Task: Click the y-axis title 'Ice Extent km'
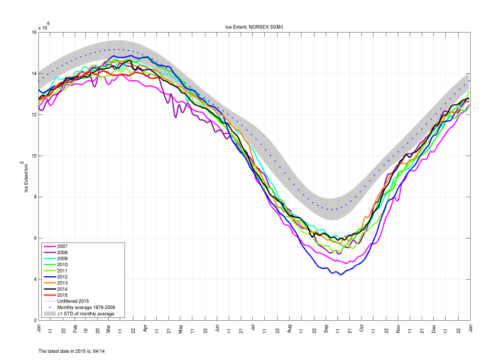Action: tap(26, 176)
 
